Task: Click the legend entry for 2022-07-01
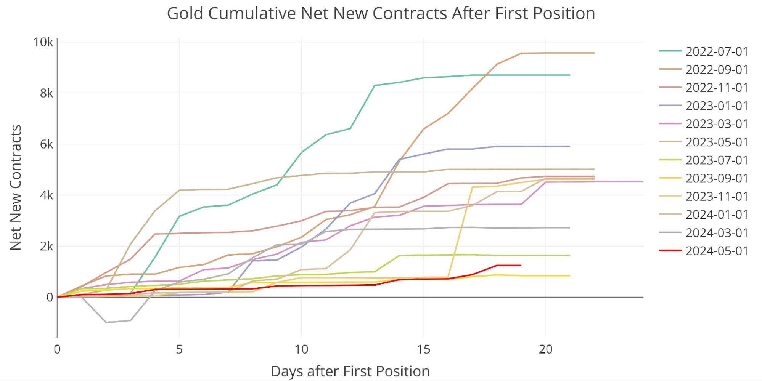click(716, 51)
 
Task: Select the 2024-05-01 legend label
click(716, 251)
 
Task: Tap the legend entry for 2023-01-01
click(716, 106)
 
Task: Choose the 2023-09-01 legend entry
click(716, 178)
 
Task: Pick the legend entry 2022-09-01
click(716, 70)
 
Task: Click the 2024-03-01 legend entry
click(716, 233)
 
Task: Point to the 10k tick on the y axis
click(43, 42)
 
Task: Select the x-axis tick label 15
click(423, 349)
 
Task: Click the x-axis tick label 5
click(179, 349)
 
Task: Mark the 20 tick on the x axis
click(545, 349)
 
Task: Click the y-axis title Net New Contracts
click(16, 187)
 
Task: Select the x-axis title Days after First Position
click(350, 371)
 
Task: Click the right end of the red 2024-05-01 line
click(521, 265)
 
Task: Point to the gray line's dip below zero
click(106, 322)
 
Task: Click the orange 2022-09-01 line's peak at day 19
click(521, 53)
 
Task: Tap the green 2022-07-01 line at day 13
click(375, 85)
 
